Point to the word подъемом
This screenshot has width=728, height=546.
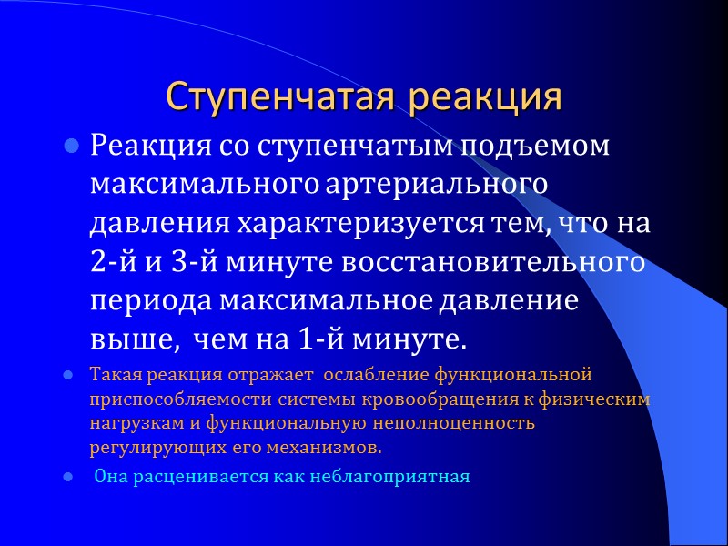(x=538, y=147)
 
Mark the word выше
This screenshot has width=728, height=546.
(x=126, y=339)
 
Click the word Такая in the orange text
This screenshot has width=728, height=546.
(x=112, y=374)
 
